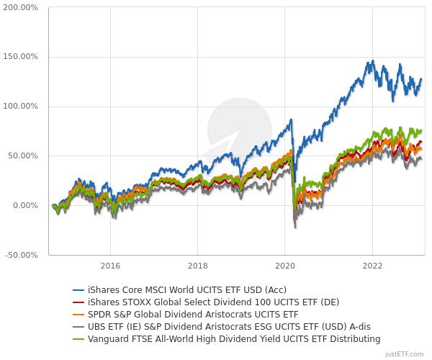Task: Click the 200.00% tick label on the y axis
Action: coord(20,7)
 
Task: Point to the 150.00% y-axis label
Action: coord(20,57)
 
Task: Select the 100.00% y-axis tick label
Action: coord(20,107)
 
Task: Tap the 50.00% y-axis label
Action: coord(22,156)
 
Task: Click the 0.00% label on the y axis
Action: coord(24,206)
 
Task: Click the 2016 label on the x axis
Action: coord(110,265)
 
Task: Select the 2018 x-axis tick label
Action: coord(197,265)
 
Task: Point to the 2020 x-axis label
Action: coord(285,265)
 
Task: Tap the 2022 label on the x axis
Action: coord(372,265)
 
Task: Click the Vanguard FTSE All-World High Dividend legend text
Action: coord(233,338)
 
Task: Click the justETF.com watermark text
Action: coord(405,354)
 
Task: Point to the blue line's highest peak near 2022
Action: coord(372,61)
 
